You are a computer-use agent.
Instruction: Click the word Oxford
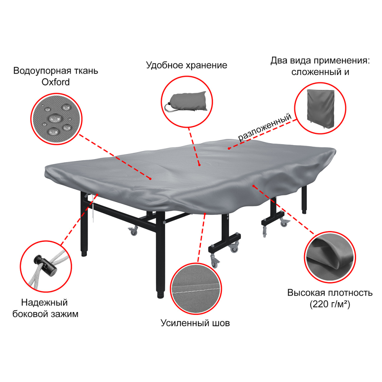(x=55, y=82)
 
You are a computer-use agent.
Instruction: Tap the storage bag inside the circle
(x=186, y=102)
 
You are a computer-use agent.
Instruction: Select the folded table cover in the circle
(x=320, y=109)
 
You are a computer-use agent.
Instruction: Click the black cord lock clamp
(x=45, y=265)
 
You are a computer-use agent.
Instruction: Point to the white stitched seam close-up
(x=196, y=289)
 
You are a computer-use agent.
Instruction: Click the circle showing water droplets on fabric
(x=56, y=119)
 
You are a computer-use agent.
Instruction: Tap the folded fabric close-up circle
(x=330, y=257)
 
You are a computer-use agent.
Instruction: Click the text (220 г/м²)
(x=330, y=304)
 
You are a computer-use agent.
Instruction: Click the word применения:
(x=342, y=61)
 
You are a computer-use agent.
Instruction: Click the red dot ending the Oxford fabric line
(x=150, y=179)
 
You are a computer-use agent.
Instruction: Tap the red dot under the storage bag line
(x=199, y=165)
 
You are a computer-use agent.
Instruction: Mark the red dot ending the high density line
(x=254, y=186)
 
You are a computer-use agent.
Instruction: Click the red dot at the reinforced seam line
(x=205, y=214)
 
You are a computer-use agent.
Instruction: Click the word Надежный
(x=44, y=303)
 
